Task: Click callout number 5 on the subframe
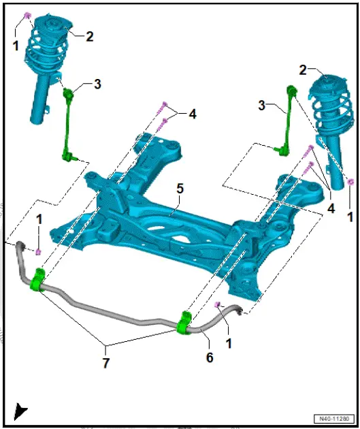(x=179, y=189)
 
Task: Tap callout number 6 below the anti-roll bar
(x=210, y=357)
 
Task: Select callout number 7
(x=105, y=363)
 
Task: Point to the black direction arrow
(x=21, y=411)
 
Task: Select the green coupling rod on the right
(x=287, y=119)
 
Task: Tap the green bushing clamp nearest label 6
(x=184, y=323)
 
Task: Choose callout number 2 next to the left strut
(x=89, y=37)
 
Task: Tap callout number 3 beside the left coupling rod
(x=97, y=84)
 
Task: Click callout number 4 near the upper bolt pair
(x=193, y=114)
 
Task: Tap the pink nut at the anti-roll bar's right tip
(x=218, y=304)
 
